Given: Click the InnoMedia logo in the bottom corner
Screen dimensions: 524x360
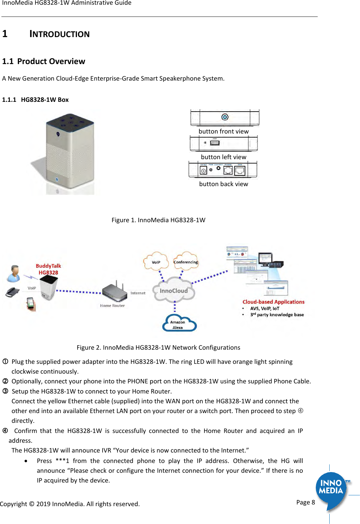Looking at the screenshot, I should (331, 489).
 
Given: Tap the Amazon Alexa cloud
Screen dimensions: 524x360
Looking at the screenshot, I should (179, 324).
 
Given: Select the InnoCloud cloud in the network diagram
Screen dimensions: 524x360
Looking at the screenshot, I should (174, 291).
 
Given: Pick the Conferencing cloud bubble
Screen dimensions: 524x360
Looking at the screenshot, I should (186, 262).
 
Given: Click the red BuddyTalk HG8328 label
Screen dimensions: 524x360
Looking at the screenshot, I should (48, 269).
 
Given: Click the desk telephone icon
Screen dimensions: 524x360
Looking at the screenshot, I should (12, 292).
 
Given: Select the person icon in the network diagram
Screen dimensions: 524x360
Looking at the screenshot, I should (14, 273).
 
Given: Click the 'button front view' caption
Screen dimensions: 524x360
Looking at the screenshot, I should (223, 132).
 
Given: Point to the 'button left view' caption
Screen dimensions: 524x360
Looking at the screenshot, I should (223, 157).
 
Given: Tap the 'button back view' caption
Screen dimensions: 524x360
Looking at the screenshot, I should (223, 184).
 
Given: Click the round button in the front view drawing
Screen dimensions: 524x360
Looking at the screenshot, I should (225, 117).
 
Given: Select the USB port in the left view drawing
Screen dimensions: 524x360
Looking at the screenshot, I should (215, 143).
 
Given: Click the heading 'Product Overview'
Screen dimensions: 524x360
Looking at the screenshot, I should (51, 61).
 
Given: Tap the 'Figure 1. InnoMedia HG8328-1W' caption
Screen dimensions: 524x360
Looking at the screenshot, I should (158, 220).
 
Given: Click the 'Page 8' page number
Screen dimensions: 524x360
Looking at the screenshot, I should (305, 502).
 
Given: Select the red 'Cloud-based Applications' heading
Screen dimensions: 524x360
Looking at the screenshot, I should (273, 302).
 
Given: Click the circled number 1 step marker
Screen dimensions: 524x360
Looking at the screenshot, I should (5, 361).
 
